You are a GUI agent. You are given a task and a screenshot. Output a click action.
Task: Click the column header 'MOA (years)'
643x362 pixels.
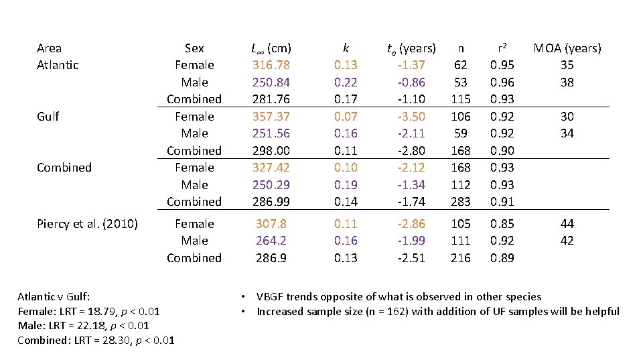pyautogui.click(x=567, y=48)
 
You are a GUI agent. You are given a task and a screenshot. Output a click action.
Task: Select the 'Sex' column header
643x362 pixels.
pyautogui.click(x=194, y=48)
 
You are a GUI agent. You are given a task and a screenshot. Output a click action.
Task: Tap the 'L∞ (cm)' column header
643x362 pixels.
pyautogui.click(x=271, y=48)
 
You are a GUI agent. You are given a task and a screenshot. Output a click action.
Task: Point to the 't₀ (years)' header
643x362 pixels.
pyautogui.click(x=411, y=48)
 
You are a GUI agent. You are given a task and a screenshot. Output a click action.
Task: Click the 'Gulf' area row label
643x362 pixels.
pyautogui.click(x=48, y=117)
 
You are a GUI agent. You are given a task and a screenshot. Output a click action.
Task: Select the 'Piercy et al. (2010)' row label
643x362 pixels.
pyautogui.click(x=87, y=224)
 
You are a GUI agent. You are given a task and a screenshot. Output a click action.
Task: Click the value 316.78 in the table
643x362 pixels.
pyautogui.click(x=271, y=65)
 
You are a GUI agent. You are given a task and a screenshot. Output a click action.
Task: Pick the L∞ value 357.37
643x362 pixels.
pyautogui.click(x=271, y=117)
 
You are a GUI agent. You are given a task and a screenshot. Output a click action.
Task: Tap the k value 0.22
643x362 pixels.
pyautogui.click(x=346, y=82)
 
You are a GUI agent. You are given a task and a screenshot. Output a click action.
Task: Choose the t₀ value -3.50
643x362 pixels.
pyautogui.click(x=411, y=117)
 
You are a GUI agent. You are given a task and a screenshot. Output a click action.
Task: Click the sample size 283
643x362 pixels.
pyautogui.click(x=461, y=202)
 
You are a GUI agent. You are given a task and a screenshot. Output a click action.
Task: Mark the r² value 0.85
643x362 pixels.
pyautogui.click(x=502, y=224)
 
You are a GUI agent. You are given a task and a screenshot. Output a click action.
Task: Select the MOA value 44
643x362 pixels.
pyautogui.click(x=567, y=224)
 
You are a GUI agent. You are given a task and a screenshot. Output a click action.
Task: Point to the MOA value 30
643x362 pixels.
pyautogui.click(x=567, y=117)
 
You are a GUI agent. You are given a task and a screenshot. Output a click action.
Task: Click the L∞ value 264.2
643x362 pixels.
pyautogui.click(x=271, y=241)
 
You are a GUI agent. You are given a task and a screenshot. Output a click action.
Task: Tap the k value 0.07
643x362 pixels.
pyautogui.click(x=346, y=117)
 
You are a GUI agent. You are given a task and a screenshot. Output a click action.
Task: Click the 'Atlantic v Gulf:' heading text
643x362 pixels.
pyautogui.click(x=54, y=296)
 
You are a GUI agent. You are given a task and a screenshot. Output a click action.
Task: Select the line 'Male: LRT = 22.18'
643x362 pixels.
pyautogui.click(x=83, y=326)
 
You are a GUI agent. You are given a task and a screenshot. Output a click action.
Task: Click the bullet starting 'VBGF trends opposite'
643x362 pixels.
pyautogui.click(x=399, y=296)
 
